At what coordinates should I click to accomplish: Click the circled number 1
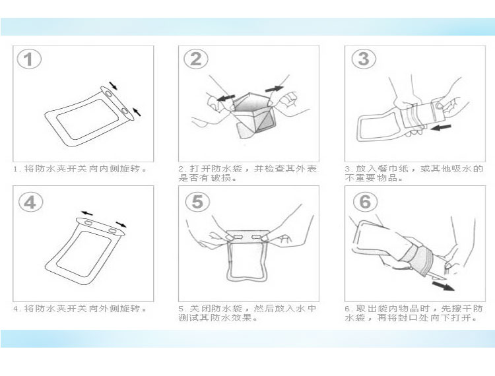[29, 59]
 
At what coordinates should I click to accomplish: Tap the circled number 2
[196, 59]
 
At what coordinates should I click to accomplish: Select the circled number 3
[364, 59]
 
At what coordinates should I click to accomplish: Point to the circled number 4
[30, 202]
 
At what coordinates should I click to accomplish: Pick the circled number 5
[197, 201]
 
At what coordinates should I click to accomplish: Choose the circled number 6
[365, 201]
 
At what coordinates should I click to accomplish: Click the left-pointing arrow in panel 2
[226, 98]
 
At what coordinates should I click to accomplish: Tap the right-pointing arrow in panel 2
[275, 88]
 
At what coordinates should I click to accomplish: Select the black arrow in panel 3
[441, 127]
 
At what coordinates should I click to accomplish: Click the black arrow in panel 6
[444, 286]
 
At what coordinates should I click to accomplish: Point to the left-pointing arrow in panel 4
[87, 213]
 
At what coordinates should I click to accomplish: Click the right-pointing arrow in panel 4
[121, 224]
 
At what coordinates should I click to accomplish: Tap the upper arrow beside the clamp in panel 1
[113, 86]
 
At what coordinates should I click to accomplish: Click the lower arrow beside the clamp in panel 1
[137, 111]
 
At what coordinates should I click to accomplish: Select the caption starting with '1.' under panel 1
[80, 169]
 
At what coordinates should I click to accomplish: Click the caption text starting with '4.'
[80, 308]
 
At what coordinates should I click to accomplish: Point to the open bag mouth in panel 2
[253, 102]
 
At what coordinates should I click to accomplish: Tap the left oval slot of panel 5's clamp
[240, 236]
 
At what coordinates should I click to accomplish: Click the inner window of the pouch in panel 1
[88, 119]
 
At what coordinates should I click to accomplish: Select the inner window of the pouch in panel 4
[84, 254]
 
